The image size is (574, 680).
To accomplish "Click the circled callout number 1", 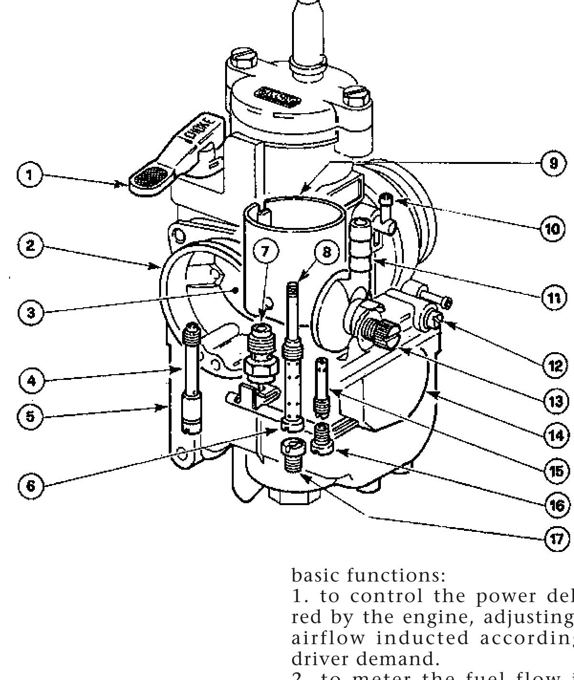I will (x=30, y=174).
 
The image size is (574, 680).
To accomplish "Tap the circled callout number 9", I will (x=553, y=163).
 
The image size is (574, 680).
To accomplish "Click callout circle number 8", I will (x=327, y=252).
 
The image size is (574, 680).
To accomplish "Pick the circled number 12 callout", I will (x=555, y=366).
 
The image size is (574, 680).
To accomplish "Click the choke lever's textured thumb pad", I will (x=149, y=180).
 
